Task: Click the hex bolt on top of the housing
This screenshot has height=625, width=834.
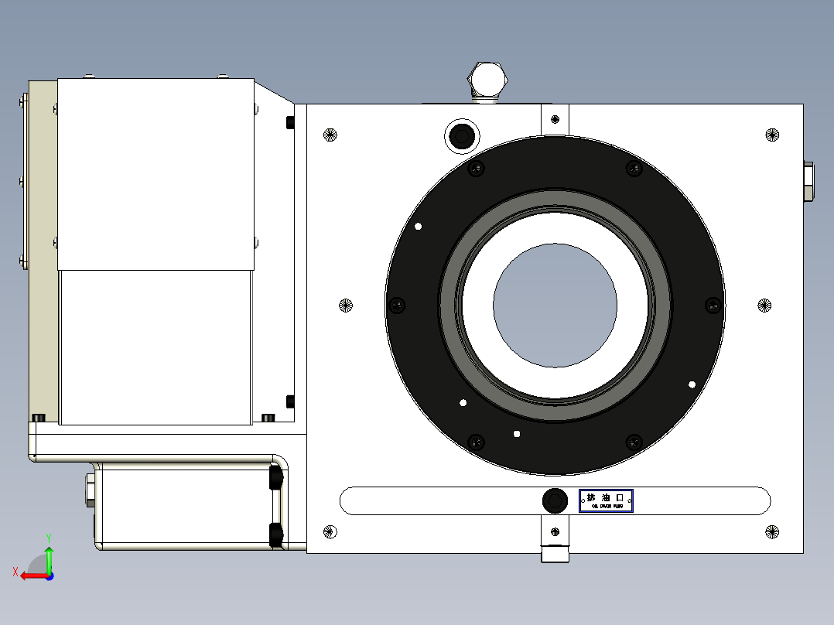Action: (487, 79)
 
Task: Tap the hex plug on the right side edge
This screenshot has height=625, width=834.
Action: (808, 182)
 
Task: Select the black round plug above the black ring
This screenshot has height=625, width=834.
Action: (462, 136)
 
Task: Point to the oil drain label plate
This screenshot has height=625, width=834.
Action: (606, 500)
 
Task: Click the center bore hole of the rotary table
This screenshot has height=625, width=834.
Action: (555, 306)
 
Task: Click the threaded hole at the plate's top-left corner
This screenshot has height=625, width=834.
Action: (330, 135)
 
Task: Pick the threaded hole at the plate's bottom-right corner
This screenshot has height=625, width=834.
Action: (771, 531)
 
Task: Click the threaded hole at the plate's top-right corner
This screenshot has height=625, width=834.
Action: (771, 135)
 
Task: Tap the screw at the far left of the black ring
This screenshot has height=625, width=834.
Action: (398, 306)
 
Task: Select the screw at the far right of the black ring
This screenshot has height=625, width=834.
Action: (713, 306)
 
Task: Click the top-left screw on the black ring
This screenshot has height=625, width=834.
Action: (476, 169)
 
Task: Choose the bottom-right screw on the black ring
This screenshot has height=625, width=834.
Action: (634, 442)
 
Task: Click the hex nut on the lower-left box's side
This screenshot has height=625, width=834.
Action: (90, 490)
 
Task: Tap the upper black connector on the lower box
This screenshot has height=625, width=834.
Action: (274, 478)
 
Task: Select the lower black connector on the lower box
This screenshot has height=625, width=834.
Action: (274, 534)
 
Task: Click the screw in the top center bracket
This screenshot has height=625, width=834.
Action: (555, 119)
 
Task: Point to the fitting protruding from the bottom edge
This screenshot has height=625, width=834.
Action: (555, 554)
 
